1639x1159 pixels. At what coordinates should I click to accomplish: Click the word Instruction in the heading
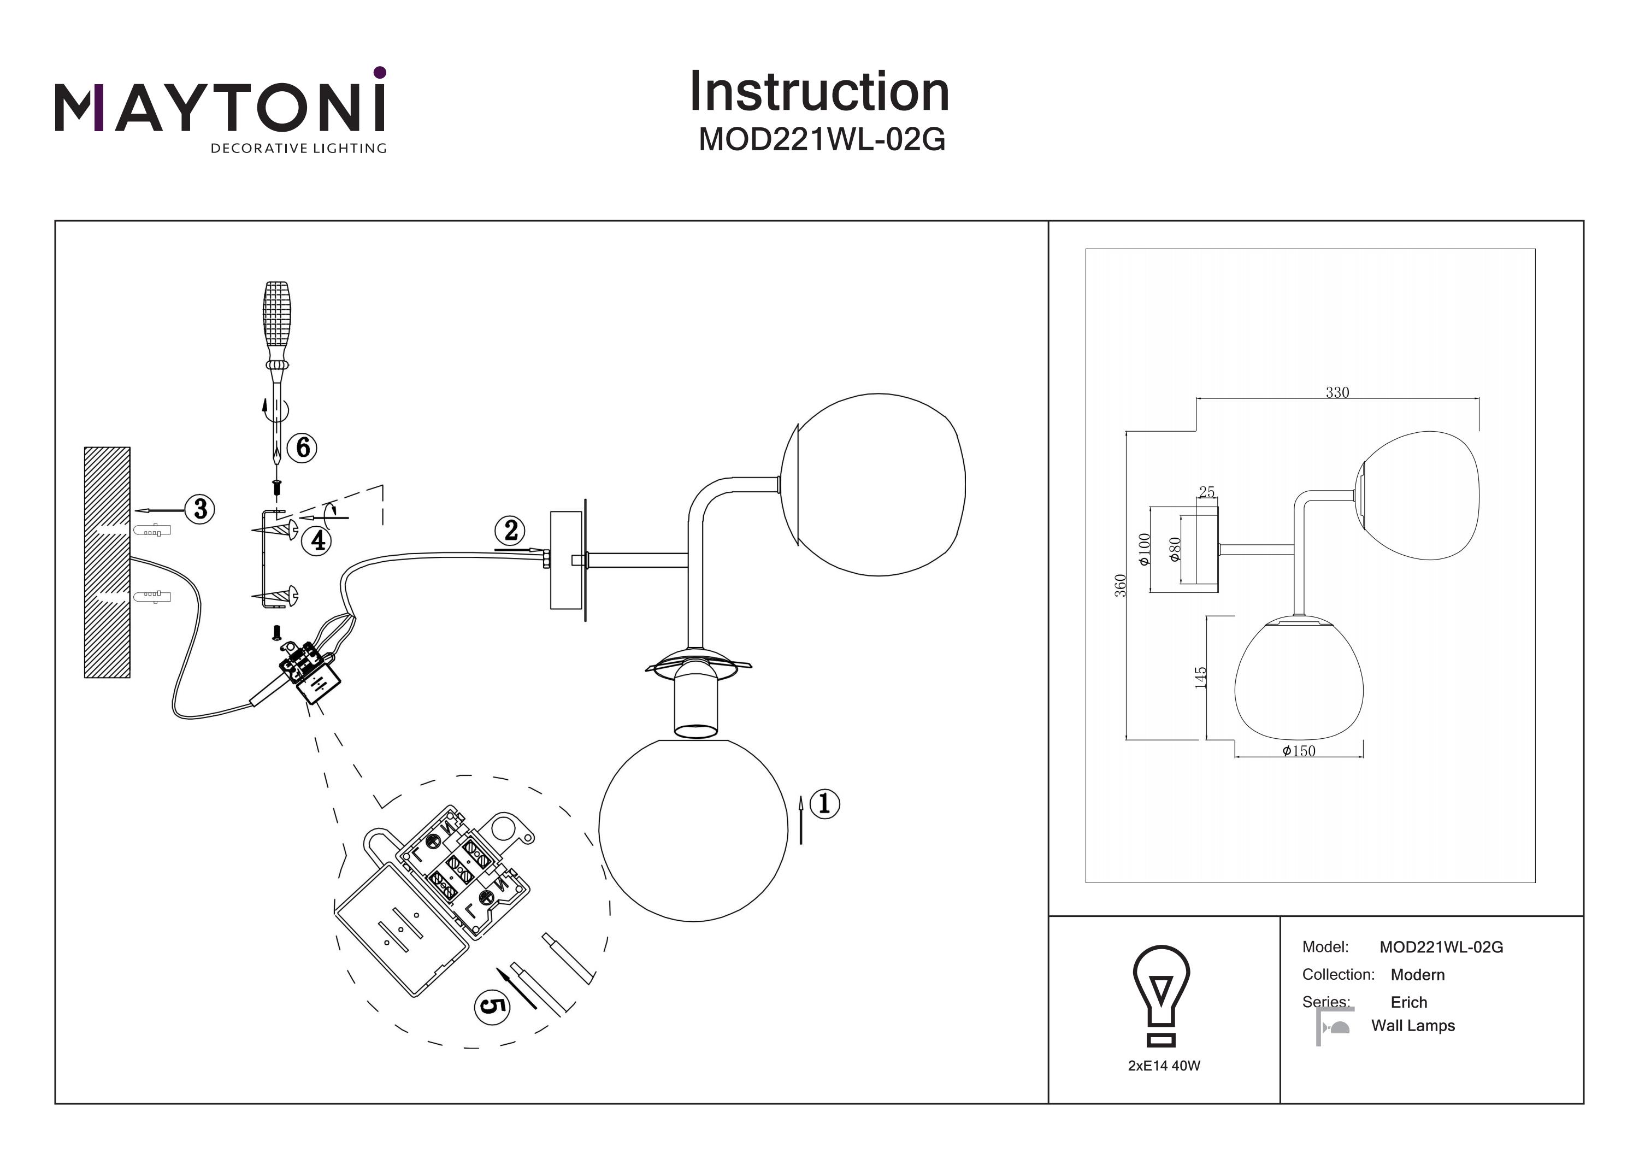click(x=819, y=92)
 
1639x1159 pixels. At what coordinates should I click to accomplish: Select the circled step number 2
click(x=510, y=531)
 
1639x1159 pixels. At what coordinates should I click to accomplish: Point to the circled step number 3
click(x=200, y=509)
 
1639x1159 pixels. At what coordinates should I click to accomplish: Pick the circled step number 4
click(x=317, y=540)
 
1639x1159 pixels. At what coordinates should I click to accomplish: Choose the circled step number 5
click(x=492, y=1005)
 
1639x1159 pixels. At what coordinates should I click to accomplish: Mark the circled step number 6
click(x=303, y=448)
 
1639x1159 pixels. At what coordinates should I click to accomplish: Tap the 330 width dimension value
click(x=1337, y=392)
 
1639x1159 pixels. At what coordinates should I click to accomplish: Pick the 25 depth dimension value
click(x=1206, y=492)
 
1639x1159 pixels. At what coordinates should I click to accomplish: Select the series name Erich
click(x=1408, y=1002)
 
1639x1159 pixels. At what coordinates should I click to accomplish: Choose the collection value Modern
click(x=1417, y=975)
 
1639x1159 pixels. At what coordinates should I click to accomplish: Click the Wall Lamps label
click(x=1413, y=1026)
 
